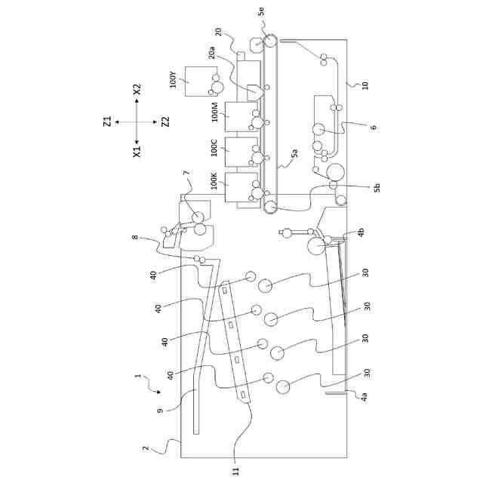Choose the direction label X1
tap(137, 151)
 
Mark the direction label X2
tap(137, 90)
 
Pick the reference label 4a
tap(365, 395)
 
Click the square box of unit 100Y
tap(197, 82)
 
